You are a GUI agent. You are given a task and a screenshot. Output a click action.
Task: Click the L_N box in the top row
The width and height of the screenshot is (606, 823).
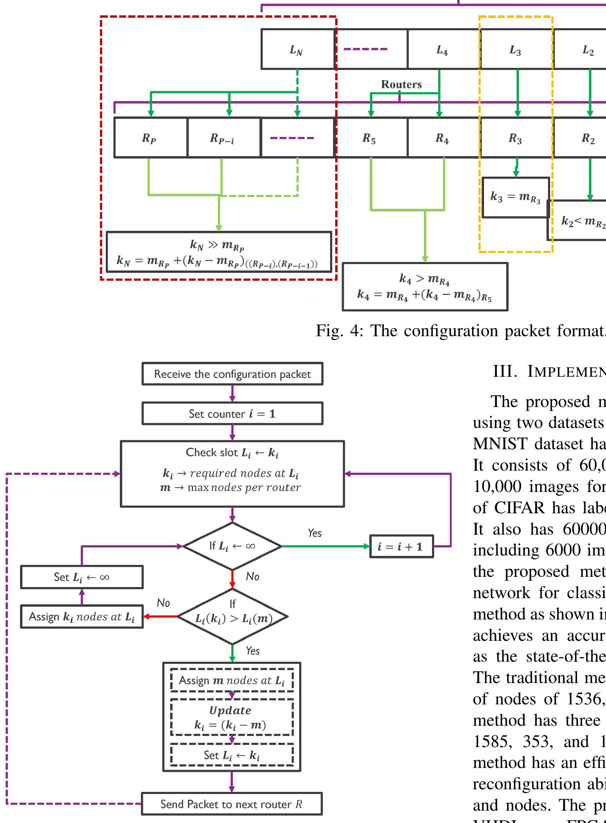[298, 49]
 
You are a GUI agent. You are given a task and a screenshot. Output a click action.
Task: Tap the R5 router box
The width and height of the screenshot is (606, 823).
[370, 138]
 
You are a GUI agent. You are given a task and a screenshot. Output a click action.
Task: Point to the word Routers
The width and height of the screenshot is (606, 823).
[401, 84]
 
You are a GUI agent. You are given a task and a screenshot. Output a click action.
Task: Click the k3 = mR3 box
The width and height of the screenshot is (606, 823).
[515, 197]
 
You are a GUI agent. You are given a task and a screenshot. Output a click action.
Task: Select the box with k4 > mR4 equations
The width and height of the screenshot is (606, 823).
[425, 287]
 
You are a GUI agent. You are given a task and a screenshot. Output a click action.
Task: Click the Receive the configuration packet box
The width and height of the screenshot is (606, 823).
[232, 374]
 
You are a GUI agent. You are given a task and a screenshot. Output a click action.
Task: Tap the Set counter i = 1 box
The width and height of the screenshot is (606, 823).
[232, 413]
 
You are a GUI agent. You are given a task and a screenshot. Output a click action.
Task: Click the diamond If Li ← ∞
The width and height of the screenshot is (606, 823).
[232, 546]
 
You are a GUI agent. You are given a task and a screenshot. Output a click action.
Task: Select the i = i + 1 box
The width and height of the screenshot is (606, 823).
[401, 547]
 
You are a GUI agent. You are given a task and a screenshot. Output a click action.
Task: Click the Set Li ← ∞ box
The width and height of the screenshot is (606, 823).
[81, 577]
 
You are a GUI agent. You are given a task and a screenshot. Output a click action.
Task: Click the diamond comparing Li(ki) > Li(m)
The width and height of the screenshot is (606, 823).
[233, 617]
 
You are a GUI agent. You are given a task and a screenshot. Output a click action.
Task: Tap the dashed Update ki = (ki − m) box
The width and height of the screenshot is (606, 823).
[232, 717]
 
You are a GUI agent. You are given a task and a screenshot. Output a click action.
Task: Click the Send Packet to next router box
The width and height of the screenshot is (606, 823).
[232, 804]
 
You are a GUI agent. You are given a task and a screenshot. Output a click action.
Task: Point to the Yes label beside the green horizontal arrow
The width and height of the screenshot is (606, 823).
[315, 533]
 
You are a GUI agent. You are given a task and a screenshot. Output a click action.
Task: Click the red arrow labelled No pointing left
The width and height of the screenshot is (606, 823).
[160, 617]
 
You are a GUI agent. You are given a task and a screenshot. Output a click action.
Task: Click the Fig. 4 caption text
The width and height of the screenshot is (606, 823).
[461, 331]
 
